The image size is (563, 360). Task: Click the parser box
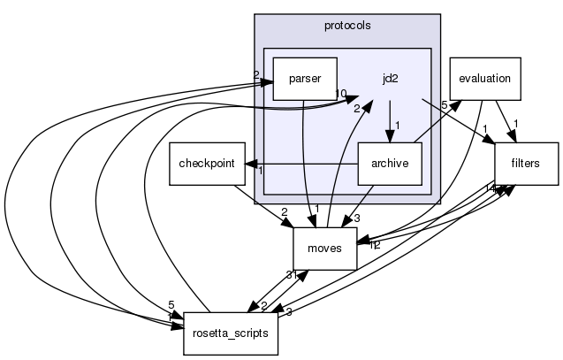(x=304, y=80)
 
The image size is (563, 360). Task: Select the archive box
(x=389, y=164)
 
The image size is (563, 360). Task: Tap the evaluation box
(x=485, y=78)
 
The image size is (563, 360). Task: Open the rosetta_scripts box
(x=232, y=333)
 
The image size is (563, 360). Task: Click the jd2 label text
(x=390, y=78)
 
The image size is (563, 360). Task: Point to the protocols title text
(x=346, y=25)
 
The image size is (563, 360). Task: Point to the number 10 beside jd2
(x=340, y=94)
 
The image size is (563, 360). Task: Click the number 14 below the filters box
(x=488, y=188)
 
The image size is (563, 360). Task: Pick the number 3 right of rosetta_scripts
(x=289, y=312)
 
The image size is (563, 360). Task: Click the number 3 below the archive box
(x=357, y=218)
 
